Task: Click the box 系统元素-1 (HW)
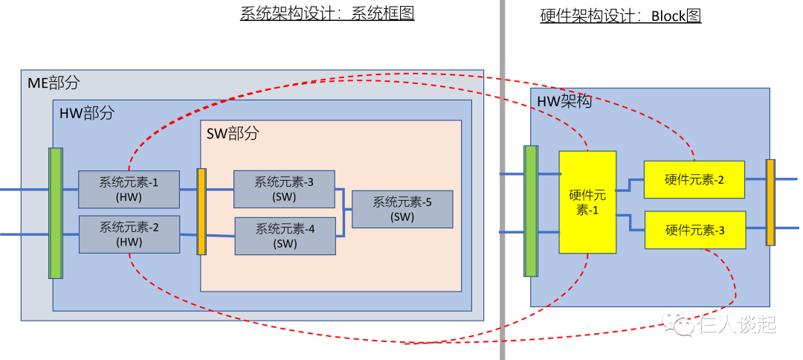[129, 189]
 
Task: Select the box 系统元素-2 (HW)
[129, 234]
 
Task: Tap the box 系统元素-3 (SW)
[284, 189]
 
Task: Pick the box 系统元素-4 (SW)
[285, 236]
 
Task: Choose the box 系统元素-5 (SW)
[402, 209]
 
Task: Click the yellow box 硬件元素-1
[587, 202]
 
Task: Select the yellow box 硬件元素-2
[694, 179]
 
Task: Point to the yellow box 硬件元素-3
[694, 230]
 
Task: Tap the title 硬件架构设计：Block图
[620, 16]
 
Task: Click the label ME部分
[54, 83]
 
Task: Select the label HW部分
[87, 113]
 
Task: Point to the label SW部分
[233, 134]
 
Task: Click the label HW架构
[564, 101]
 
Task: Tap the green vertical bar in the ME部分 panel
[55, 213]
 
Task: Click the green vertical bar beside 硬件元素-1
[531, 210]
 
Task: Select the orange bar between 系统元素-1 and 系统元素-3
[201, 212]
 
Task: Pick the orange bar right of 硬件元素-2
[770, 202]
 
